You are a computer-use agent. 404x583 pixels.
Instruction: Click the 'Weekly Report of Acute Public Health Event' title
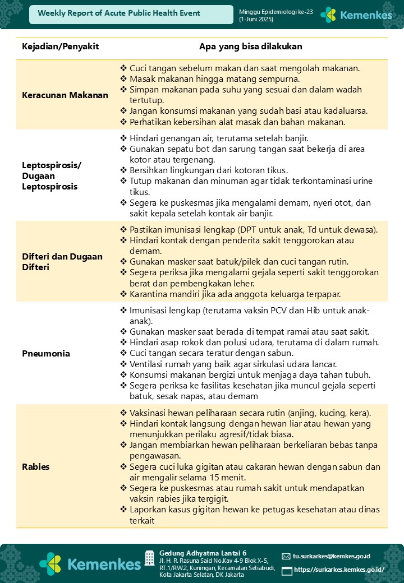[x=119, y=13]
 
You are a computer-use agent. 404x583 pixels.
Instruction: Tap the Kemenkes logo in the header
[x=356, y=15]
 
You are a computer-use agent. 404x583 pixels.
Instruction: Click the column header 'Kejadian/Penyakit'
[x=60, y=47]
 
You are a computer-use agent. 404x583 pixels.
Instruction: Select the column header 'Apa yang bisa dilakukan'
[x=251, y=47]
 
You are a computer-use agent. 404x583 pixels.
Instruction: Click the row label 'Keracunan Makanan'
[x=65, y=95]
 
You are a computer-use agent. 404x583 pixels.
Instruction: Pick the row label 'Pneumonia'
[x=46, y=354]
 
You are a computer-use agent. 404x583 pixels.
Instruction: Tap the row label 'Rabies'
[x=36, y=466]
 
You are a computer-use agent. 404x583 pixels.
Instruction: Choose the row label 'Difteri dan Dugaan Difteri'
[x=62, y=262]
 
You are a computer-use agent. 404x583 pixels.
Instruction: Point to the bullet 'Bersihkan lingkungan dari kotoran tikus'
[x=209, y=170]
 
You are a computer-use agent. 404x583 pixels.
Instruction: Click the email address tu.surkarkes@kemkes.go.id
[x=332, y=556]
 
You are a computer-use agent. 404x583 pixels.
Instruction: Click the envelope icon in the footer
[x=286, y=556]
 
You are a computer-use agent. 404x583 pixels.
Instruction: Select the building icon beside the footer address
[x=150, y=558]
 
